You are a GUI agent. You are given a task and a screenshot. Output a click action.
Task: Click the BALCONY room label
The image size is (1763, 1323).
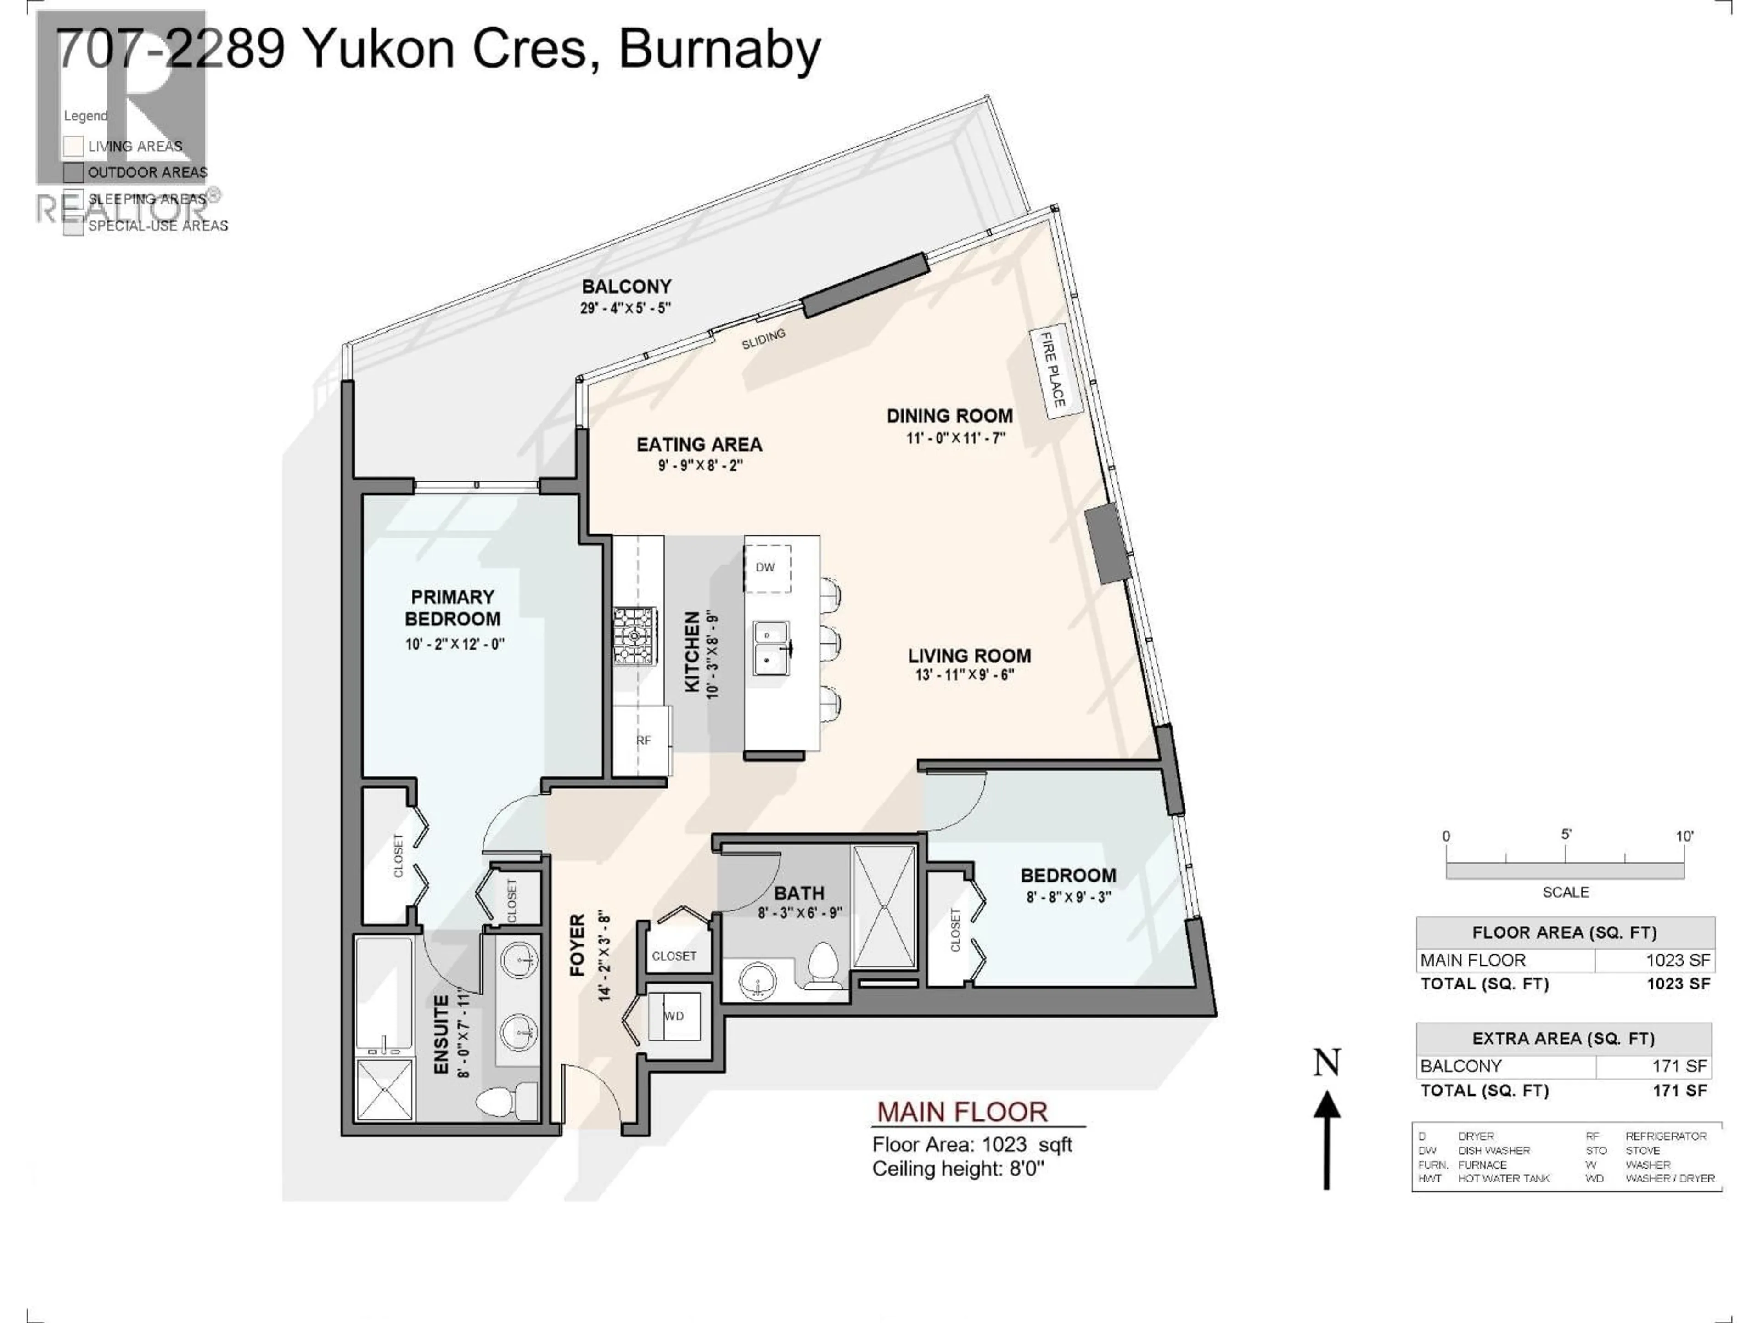coord(626,286)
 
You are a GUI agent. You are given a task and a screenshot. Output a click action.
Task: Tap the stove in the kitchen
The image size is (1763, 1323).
coord(635,636)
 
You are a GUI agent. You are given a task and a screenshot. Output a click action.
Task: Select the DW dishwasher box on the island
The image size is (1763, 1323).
coord(767,568)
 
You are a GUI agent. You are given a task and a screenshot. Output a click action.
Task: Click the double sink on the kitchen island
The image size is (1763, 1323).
coord(771,648)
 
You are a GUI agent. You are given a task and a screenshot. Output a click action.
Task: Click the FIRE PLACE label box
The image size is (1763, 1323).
coord(1055,371)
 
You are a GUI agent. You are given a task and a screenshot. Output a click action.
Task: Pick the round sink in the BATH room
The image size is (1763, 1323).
coord(757,980)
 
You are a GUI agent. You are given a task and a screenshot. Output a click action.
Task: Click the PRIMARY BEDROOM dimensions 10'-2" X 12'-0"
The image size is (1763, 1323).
coord(455,644)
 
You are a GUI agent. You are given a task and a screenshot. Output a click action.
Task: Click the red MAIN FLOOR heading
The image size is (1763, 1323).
coord(962,1112)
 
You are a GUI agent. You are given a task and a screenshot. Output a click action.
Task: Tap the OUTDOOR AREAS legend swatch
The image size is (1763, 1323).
coord(73,172)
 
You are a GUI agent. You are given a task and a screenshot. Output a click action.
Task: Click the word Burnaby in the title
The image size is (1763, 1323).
coord(719,50)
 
